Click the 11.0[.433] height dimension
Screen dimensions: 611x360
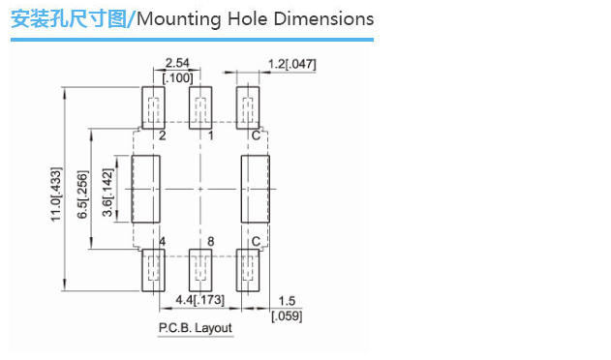tap(56, 195)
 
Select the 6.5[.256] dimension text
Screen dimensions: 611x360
tap(82, 195)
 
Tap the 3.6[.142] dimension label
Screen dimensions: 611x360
tap(107, 193)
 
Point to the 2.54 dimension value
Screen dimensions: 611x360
tap(177, 63)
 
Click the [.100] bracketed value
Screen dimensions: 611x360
tap(177, 78)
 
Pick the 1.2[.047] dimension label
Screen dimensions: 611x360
tap(291, 64)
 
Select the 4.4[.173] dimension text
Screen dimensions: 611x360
tap(199, 300)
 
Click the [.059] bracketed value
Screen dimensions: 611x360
tap(287, 315)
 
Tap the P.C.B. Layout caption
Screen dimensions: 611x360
tap(196, 328)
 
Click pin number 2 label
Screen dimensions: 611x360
tap(163, 135)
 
